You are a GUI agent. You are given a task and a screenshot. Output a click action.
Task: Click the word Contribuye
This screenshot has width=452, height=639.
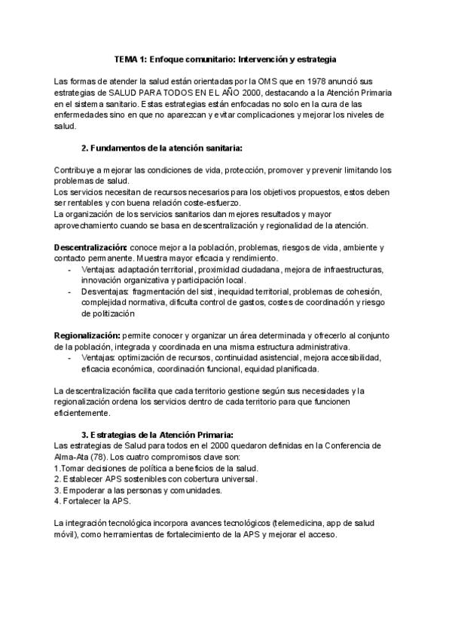pyautogui.click(x=75, y=170)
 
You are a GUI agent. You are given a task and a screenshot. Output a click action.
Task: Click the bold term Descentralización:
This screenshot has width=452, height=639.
pyautogui.click(x=91, y=247)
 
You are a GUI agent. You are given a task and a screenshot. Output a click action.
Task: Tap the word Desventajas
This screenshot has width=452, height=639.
pyautogui.click(x=101, y=292)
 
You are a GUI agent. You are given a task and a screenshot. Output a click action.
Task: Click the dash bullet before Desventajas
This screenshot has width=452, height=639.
pyautogui.click(x=70, y=292)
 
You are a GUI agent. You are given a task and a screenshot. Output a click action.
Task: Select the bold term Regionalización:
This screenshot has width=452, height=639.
pyautogui.click(x=87, y=335)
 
